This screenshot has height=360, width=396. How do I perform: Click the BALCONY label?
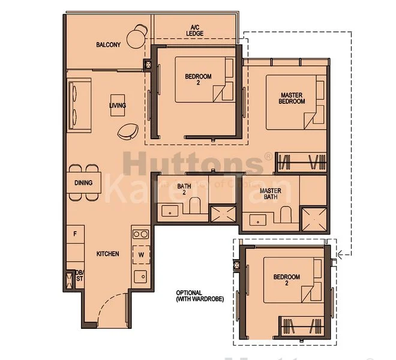(x=108, y=45)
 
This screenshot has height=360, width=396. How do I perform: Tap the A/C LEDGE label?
(x=195, y=30)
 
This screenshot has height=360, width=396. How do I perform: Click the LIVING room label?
(x=118, y=106)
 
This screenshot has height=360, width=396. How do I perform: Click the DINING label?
(x=83, y=182)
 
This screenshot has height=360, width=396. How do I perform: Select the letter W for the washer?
(x=142, y=254)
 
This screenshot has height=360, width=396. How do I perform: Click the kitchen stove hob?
(x=140, y=234)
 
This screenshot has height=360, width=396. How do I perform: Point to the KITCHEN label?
(x=107, y=254)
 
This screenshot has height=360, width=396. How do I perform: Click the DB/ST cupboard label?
(x=79, y=277)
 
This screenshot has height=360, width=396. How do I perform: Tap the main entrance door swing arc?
(x=113, y=303)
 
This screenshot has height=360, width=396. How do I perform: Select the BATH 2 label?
(x=184, y=190)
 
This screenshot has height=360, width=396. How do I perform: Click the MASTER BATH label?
(x=270, y=194)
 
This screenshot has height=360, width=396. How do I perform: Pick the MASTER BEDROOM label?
(x=292, y=98)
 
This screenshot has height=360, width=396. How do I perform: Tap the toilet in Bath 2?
(x=194, y=208)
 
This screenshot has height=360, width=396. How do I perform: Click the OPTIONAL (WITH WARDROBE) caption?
(x=199, y=296)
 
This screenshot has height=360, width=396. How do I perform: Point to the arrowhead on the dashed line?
(x=340, y=254)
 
